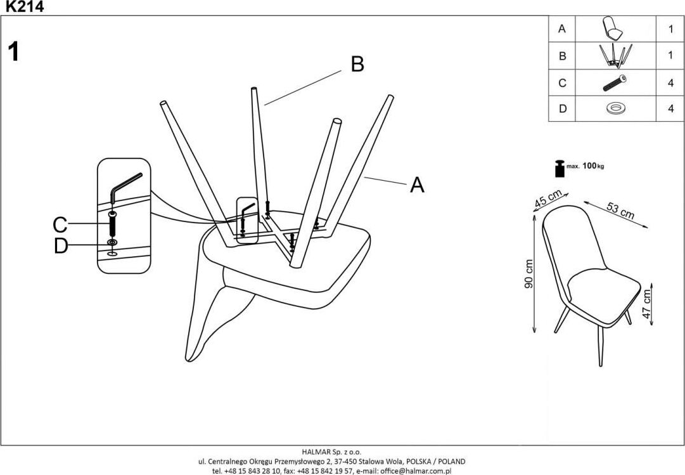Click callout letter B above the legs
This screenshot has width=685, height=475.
pos(357,64)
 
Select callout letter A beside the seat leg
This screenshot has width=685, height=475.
pos(416,185)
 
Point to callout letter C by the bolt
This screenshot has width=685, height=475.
pos(60,224)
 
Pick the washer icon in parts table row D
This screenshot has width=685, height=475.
pos(614,108)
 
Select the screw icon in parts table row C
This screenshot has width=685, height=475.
pos(614,82)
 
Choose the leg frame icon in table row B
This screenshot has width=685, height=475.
pos(614,55)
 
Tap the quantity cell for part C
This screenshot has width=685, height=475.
pos(670,82)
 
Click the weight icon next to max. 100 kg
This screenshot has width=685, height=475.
pos(558,169)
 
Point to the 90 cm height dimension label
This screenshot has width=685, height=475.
pos(530,274)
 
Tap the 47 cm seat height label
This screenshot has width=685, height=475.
pos(646,306)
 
